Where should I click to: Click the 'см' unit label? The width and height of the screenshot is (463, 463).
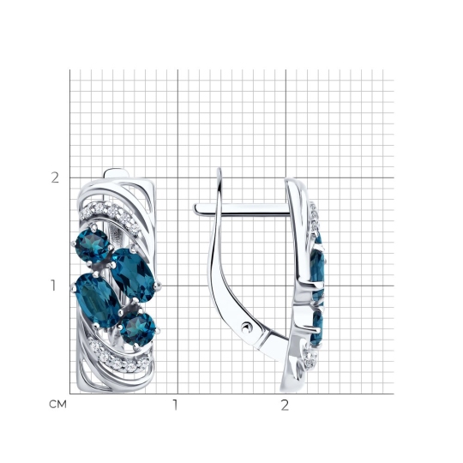coord(58,404)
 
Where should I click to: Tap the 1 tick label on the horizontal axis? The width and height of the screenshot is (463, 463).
coord(176,405)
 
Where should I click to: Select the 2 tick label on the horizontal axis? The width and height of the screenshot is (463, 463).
coord(285,405)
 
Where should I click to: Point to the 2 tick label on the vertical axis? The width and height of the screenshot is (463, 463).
coord(55,177)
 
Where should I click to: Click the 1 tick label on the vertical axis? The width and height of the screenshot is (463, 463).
coord(53,286)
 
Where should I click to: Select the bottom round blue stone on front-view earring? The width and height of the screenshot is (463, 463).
coord(138,329)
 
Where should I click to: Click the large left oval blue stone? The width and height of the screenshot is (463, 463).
coord(97,301)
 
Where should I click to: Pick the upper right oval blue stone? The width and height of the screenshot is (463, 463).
coord(133,275)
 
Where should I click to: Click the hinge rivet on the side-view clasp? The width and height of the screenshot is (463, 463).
coord(247,328)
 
